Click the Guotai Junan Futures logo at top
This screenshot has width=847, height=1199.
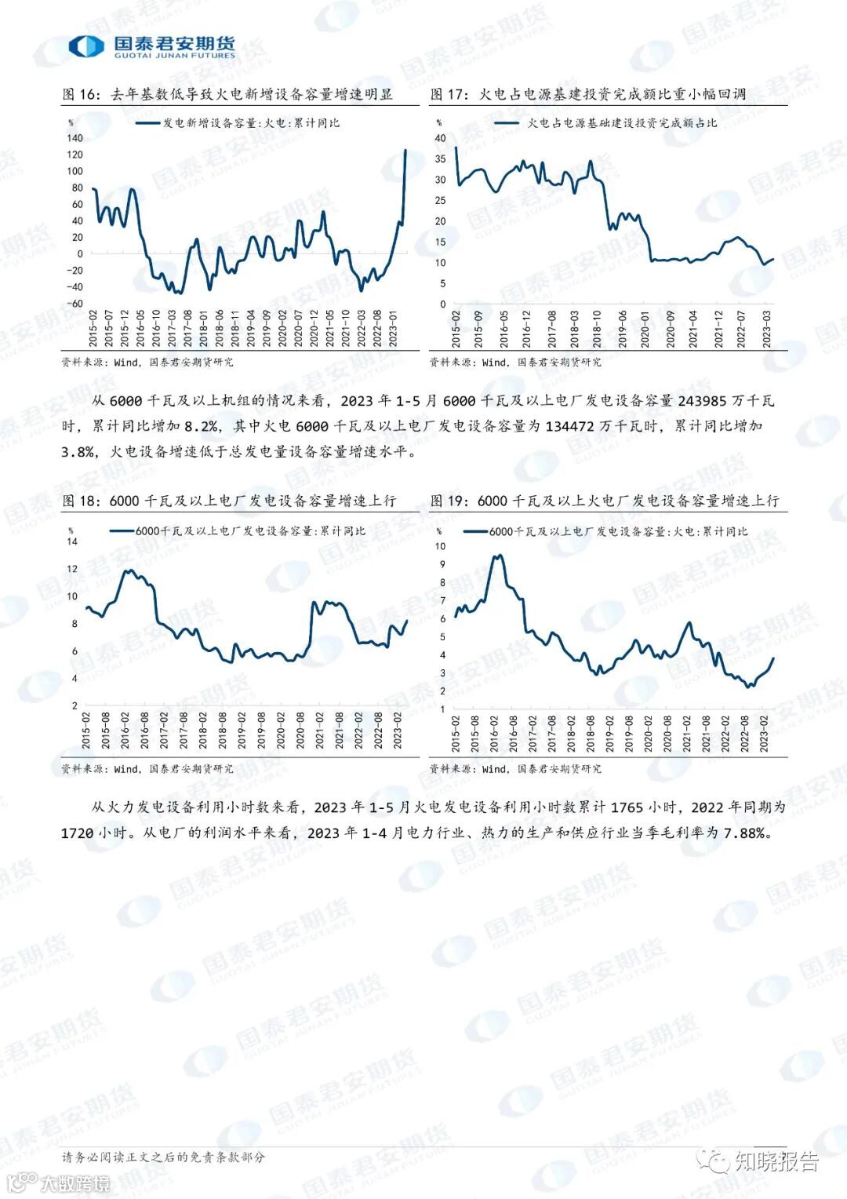pos(151,46)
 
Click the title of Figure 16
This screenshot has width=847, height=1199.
pos(227,94)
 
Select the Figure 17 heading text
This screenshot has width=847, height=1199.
pos(588,94)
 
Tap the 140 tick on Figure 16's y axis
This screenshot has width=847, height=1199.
pos(75,138)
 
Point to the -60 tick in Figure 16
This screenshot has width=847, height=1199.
pos(75,304)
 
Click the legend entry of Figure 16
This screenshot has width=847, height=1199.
pos(238,123)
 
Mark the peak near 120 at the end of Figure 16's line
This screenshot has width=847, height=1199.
pos(405,150)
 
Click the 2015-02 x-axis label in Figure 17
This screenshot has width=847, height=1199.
pos(456,329)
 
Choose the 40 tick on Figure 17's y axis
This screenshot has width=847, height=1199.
pos(440,138)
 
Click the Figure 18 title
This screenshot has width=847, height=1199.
pos(229,501)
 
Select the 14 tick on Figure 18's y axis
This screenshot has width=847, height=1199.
pos(73,541)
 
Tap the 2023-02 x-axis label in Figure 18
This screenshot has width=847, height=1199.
pos(398,731)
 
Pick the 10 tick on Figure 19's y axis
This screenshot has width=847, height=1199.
pos(440,546)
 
